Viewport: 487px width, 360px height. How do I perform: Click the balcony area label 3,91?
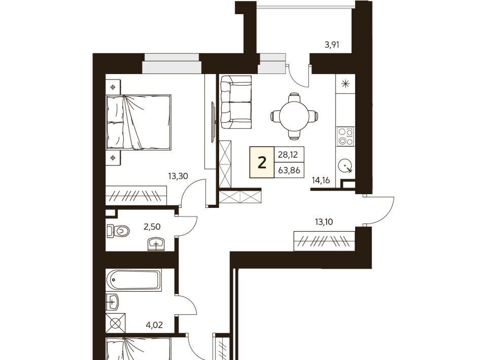click(332, 45)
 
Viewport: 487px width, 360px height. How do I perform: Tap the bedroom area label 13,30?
click(178, 176)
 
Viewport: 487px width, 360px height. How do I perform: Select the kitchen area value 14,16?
click(321, 180)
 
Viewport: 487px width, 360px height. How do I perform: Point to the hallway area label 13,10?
click(324, 222)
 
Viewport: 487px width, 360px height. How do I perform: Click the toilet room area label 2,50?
click(152, 227)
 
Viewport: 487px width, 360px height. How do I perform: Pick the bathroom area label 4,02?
click(154, 325)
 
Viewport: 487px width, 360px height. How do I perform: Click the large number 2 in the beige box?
click(262, 162)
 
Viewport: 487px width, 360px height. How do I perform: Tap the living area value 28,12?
click(288, 154)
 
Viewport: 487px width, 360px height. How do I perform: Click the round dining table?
click(294, 116)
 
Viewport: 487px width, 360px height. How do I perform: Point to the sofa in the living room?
click(236, 102)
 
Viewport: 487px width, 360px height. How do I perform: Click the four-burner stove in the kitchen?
click(345, 136)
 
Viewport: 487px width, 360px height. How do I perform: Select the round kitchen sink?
click(345, 165)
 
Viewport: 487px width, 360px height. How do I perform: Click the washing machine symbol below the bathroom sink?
click(116, 323)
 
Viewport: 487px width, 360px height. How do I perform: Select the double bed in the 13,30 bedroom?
click(138, 122)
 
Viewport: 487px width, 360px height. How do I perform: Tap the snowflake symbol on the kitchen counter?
click(345, 84)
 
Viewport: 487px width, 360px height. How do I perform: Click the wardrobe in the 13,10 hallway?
click(324, 241)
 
